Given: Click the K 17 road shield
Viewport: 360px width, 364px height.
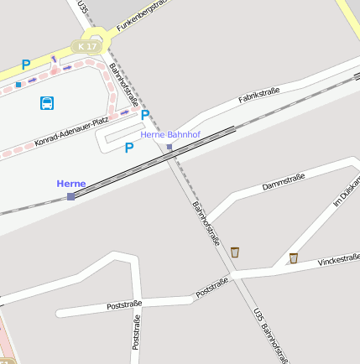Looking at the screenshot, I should tap(87, 46).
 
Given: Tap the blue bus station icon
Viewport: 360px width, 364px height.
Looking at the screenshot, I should tap(47, 103).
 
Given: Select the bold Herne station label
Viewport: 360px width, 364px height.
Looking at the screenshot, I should tap(71, 184).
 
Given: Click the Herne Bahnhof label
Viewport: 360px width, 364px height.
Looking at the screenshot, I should tap(170, 134).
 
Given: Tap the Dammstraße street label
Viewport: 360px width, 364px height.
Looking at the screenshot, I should tap(283, 180).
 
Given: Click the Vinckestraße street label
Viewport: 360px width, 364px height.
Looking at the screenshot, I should tap(338, 261).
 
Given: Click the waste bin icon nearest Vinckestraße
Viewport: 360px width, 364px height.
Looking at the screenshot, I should tap(293, 257).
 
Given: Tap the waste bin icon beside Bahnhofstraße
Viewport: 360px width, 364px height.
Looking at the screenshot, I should tap(235, 252).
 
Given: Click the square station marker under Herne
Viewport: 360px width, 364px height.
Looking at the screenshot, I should tap(70, 196).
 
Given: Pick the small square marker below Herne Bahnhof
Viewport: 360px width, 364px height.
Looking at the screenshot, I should tap(170, 147).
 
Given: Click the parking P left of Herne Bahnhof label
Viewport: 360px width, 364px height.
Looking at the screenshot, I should tap(145, 115).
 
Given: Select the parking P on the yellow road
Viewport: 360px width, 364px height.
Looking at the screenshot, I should tap(26, 64).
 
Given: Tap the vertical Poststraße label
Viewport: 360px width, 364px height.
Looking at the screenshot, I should tap(135, 332).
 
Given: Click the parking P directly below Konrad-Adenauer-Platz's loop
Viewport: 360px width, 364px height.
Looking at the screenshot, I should tap(129, 148).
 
